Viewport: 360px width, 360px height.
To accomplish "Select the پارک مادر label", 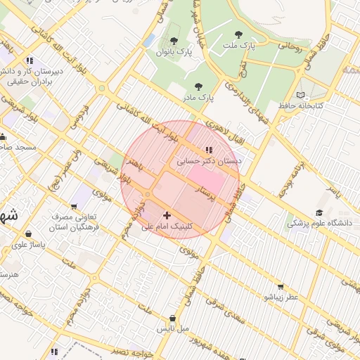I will click(x=199, y=96).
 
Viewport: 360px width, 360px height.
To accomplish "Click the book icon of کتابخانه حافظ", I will click(x=301, y=95).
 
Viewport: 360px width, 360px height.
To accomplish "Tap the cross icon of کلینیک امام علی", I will click(x=167, y=215).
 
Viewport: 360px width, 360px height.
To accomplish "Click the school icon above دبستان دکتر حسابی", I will click(x=208, y=150).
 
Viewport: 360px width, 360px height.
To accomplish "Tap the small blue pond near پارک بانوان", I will click(x=148, y=40).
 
